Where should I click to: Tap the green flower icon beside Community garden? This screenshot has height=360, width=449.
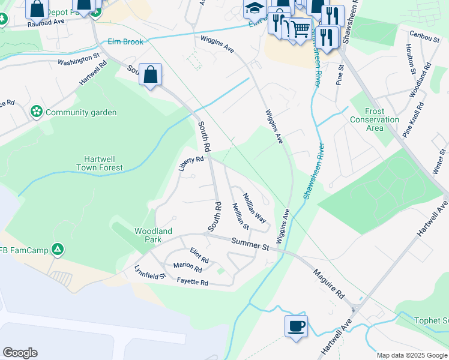[x=37, y=112]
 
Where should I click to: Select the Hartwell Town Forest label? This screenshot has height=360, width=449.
[x=100, y=164]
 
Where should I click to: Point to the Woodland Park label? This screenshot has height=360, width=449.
[x=153, y=235]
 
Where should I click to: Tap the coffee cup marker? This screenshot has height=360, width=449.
[x=296, y=326]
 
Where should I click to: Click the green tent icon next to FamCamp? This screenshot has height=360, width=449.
[x=57, y=249]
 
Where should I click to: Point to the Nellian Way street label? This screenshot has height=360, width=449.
[x=254, y=208]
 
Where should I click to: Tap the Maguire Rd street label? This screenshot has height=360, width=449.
[x=328, y=284]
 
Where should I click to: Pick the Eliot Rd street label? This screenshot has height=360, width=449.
[x=199, y=256]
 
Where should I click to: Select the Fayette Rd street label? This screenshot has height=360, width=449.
[x=192, y=281]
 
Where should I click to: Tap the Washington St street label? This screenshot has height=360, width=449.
[x=78, y=60]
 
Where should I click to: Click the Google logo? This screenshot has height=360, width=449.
[x=20, y=353]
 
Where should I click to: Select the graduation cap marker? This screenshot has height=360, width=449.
[x=253, y=8]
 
